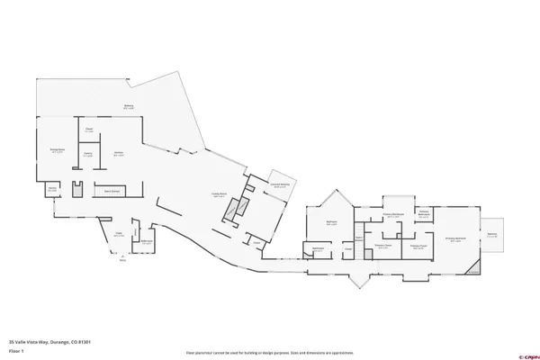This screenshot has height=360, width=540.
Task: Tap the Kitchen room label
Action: [118, 154]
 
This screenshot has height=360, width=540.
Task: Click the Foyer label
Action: [118, 236]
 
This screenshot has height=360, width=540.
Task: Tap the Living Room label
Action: [218, 194]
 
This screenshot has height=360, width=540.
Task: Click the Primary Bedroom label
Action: [455, 238]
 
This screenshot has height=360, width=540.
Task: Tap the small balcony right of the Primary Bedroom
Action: [492, 234]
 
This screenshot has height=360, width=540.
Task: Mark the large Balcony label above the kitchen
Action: [129, 106]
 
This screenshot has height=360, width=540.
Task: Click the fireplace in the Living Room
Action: [231, 210]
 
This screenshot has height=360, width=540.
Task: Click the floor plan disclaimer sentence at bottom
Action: [270, 353]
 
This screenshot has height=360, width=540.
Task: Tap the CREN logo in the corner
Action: [521, 353]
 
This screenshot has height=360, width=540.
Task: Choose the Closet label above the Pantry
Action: [90, 130]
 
